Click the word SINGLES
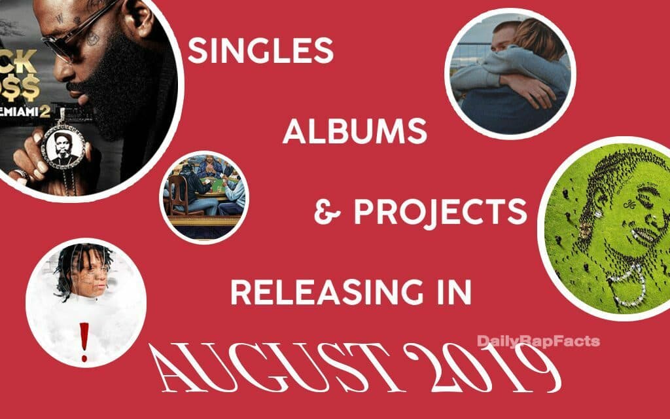[x=261, y=50]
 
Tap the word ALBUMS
[x=355, y=133]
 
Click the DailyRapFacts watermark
[x=538, y=341]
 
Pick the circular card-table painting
[x=205, y=196]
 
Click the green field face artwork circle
[x=607, y=226]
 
